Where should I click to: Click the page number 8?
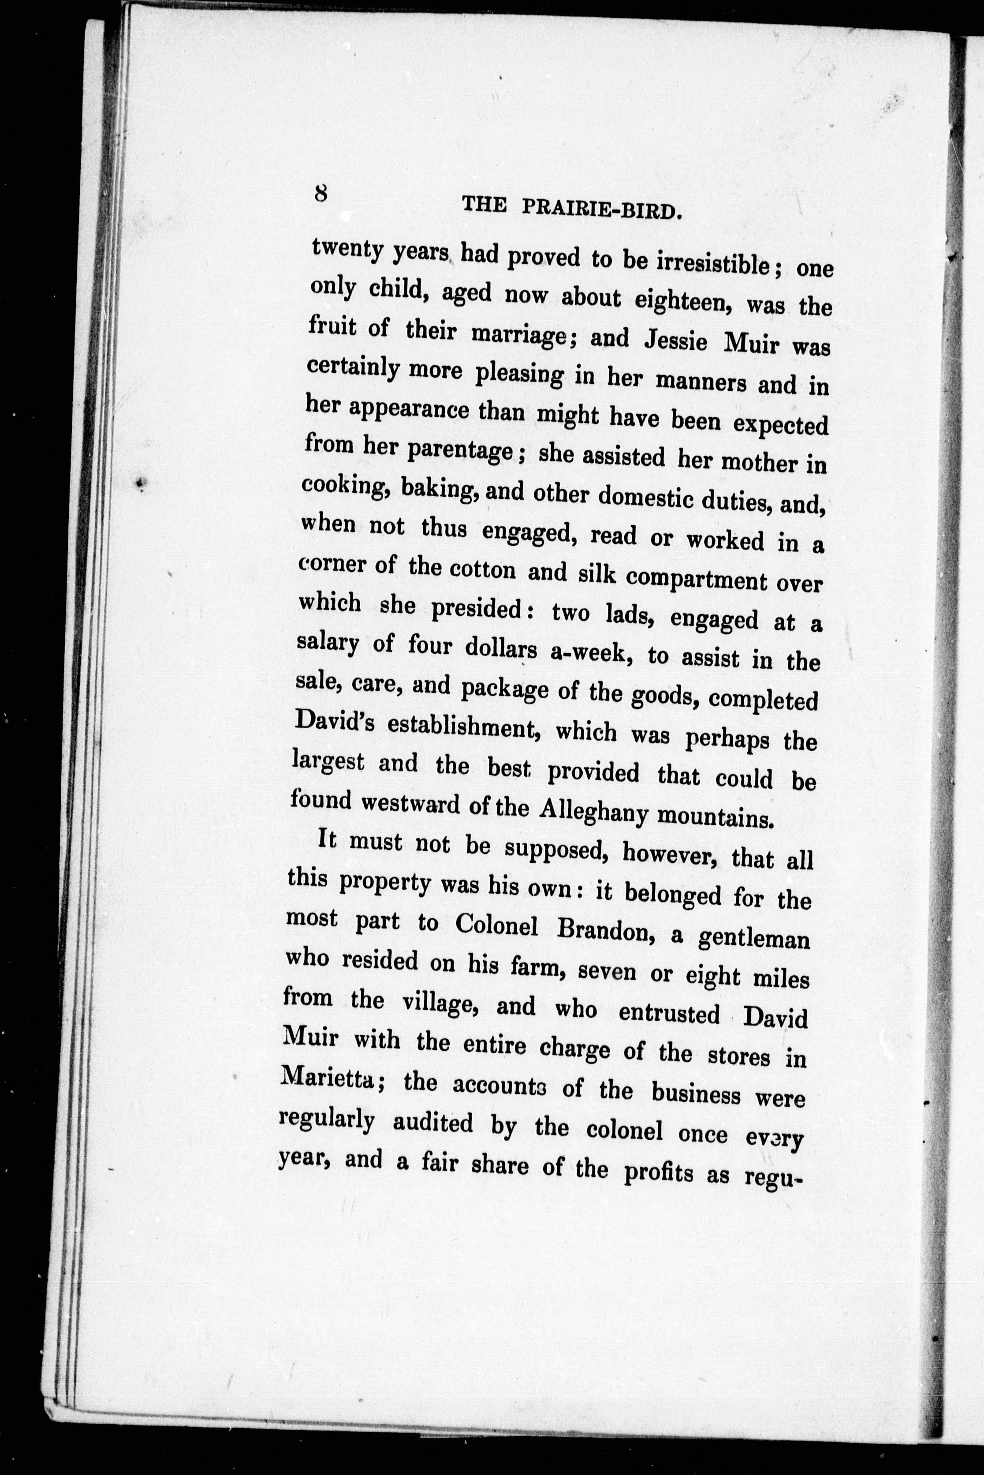(x=320, y=193)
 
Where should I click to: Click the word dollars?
(x=499, y=649)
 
